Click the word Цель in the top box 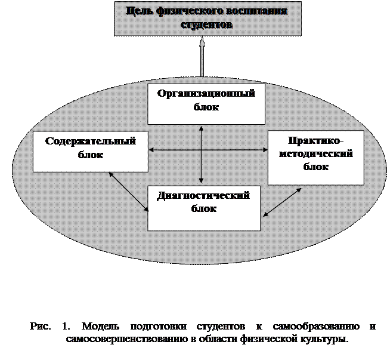tap(139, 11)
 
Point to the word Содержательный tap(90, 141)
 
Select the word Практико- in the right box tap(315, 141)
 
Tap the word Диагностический tap(204, 196)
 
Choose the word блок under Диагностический tap(204, 209)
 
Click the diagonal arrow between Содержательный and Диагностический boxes tap(129, 192)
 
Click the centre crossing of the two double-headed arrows tap(202, 149)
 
